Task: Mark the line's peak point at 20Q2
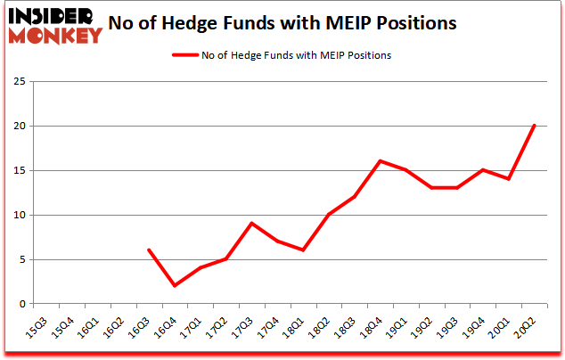[x=534, y=126]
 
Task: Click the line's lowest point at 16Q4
[x=175, y=285]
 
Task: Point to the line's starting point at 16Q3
[x=149, y=250]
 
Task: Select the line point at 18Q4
[x=380, y=161]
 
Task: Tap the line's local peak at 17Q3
[x=251, y=224]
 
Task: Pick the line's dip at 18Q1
[x=303, y=250]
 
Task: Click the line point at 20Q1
[x=508, y=179]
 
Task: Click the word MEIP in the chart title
[x=343, y=22]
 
